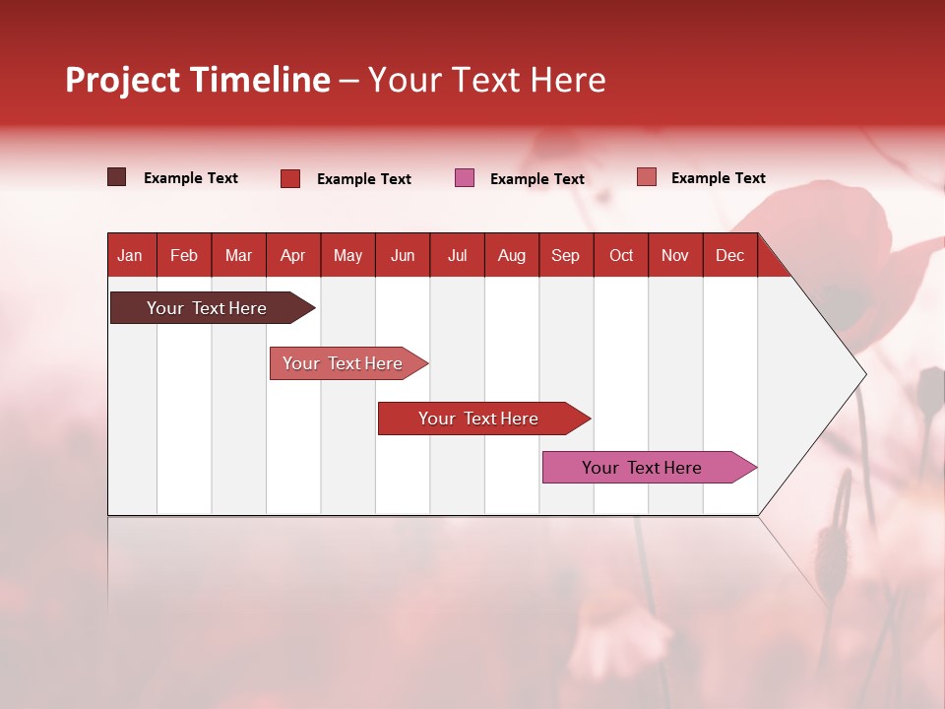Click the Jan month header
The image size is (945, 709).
(x=130, y=255)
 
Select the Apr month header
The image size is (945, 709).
(x=292, y=255)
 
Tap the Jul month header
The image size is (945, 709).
(x=457, y=255)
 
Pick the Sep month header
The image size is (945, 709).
(x=565, y=255)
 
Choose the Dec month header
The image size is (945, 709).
(x=729, y=255)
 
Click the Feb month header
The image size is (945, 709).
(x=184, y=255)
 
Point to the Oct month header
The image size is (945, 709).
(x=621, y=255)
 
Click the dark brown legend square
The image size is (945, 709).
(x=116, y=177)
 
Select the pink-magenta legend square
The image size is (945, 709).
(x=465, y=178)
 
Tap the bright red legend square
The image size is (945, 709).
(x=290, y=178)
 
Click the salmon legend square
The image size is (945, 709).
(x=647, y=177)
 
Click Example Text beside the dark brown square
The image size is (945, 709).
(x=190, y=178)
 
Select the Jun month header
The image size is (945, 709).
(x=403, y=255)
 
